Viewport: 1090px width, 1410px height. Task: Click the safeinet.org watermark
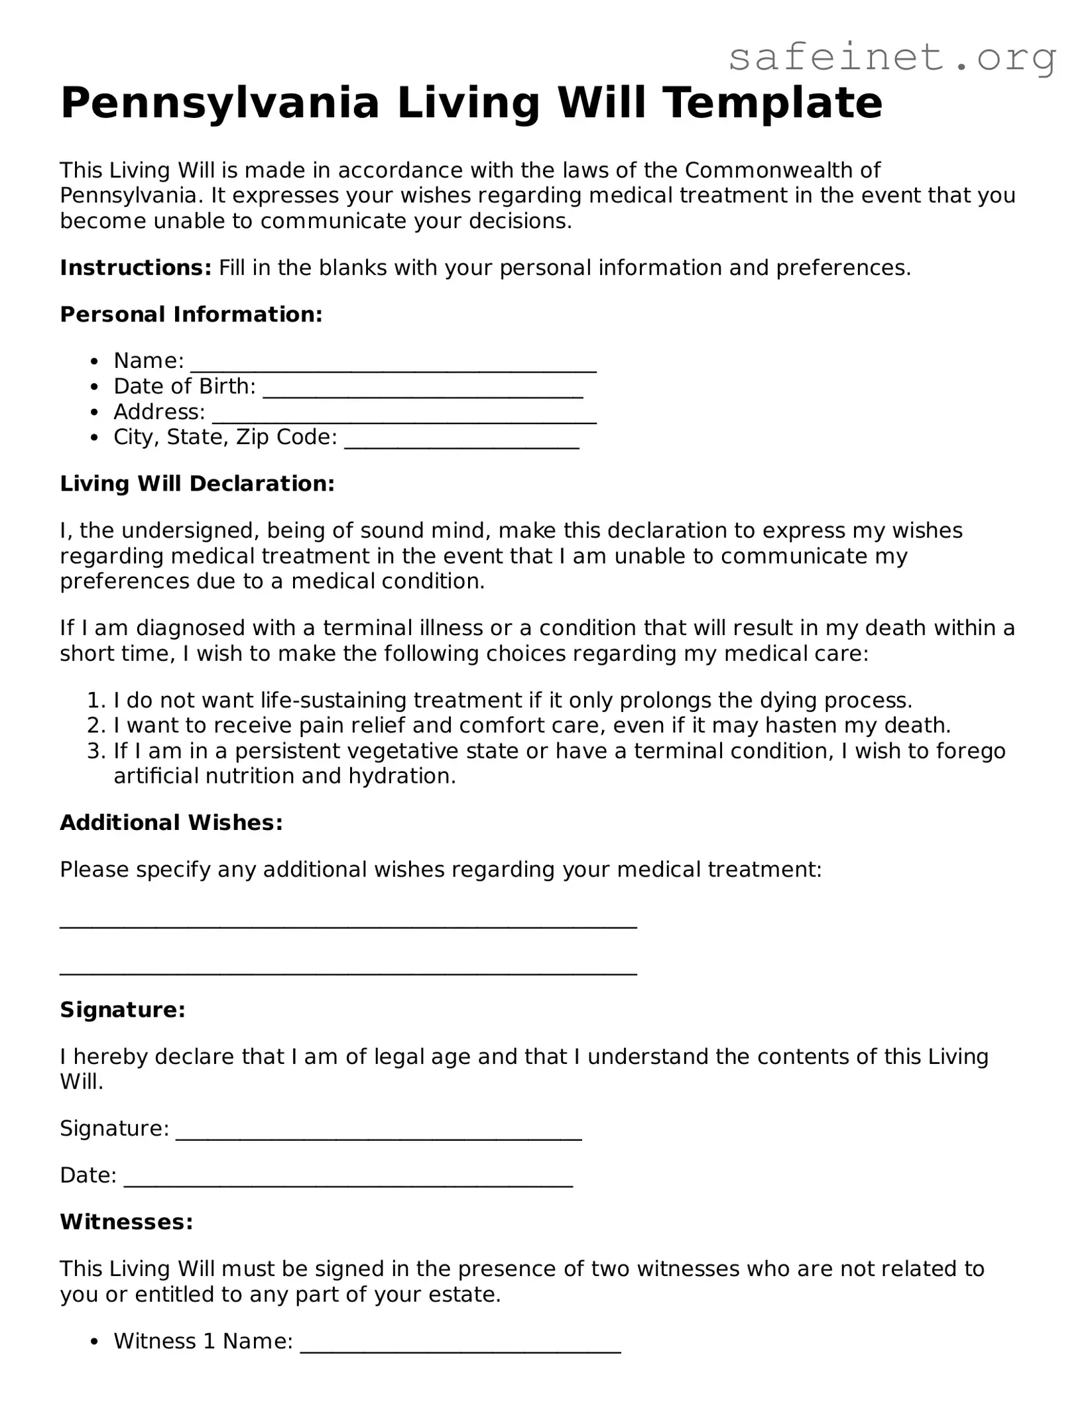(892, 58)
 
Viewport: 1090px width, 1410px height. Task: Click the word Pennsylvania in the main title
(219, 103)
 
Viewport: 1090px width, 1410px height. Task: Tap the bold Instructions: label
(135, 268)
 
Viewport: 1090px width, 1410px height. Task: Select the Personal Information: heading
(191, 314)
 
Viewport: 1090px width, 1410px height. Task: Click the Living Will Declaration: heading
(197, 484)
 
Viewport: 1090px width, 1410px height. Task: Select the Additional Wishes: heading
(171, 823)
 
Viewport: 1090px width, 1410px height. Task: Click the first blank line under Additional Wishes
(348, 926)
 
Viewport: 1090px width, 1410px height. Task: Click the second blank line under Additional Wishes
(348, 972)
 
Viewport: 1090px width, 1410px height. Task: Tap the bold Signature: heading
(123, 1010)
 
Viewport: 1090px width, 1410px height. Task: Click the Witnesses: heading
(126, 1222)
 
